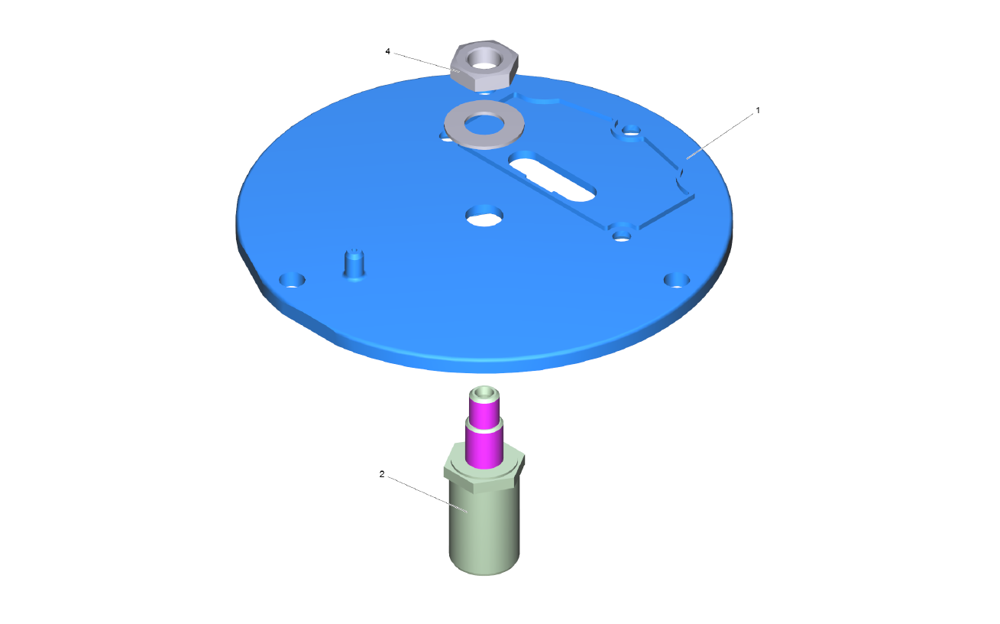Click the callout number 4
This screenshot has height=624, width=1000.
(387, 52)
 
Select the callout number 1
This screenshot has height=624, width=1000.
(758, 110)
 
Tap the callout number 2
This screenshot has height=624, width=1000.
(382, 474)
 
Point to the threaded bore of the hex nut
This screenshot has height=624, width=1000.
(484, 60)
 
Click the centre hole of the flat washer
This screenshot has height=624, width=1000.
(484, 124)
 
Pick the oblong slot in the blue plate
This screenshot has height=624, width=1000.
(552, 176)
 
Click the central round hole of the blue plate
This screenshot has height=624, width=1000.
(484, 216)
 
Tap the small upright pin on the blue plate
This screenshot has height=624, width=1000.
(354, 265)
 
